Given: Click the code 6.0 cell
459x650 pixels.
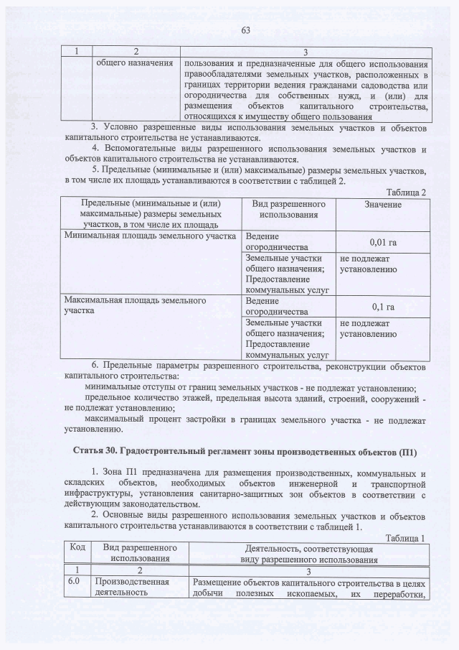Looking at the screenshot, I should pos(73,582).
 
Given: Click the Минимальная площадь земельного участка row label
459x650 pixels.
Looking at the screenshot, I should pos(150,236).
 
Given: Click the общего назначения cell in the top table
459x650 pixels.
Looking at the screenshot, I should pos(135,64).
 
